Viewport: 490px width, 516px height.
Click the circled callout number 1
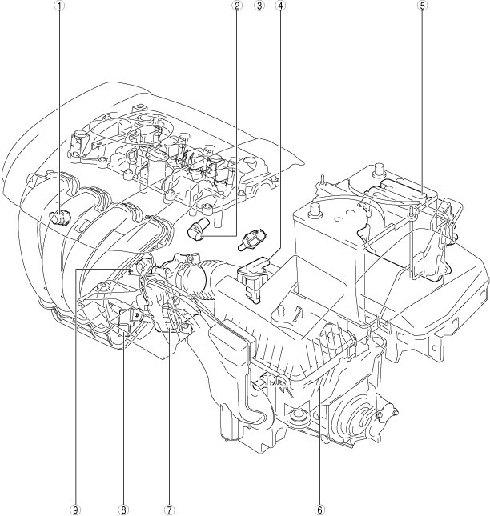[60, 6]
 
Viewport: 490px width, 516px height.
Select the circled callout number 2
[235, 6]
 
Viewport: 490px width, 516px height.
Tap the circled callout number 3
[259, 6]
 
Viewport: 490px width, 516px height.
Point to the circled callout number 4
[280, 6]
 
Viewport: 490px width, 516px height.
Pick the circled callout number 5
[422, 6]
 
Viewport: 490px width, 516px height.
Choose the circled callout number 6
[319, 510]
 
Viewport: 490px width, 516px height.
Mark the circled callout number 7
[169, 510]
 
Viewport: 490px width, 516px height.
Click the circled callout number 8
[123, 510]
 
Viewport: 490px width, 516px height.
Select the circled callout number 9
[76, 510]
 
